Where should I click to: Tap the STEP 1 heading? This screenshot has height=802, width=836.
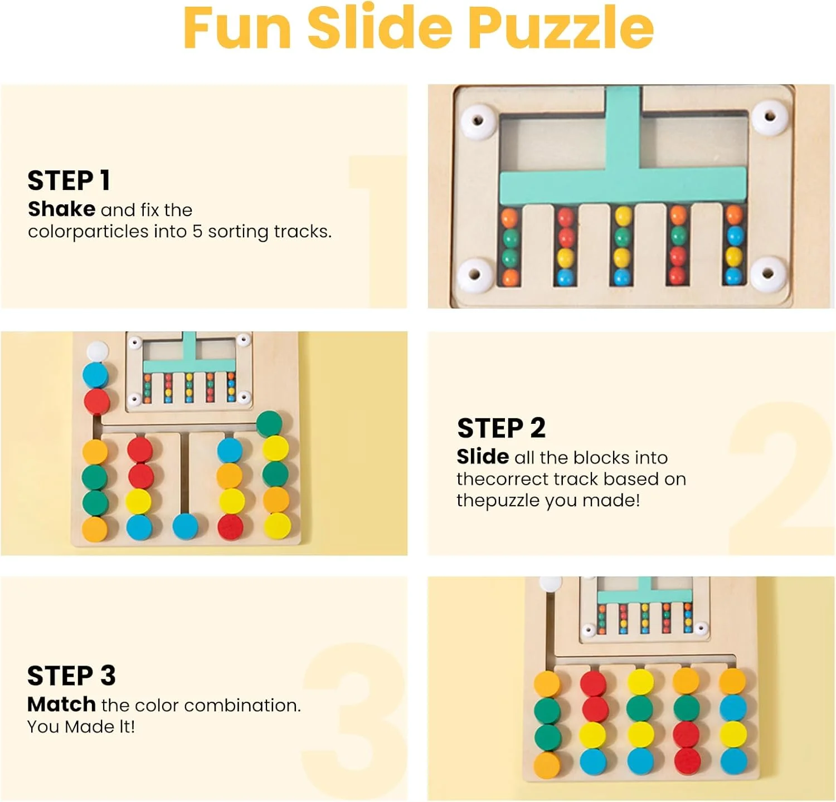pos(69,181)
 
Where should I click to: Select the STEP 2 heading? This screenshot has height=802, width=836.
pos(501,428)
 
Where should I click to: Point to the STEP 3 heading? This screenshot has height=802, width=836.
pos(71,676)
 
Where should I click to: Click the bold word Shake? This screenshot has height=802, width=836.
pos(61,209)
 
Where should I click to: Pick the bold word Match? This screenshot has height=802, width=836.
pos(61,704)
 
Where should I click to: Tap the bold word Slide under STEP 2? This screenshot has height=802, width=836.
pos(483,457)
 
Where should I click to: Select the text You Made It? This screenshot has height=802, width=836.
pos(81,726)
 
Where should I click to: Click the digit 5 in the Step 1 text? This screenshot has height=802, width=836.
pos(197,231)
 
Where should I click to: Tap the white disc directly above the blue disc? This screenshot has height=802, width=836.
pos(97,350)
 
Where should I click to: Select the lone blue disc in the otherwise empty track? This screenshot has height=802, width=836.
pos(185,527)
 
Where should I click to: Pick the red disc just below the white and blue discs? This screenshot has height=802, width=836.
pos(96,401)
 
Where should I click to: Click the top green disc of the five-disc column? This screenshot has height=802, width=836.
pos(270,423)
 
